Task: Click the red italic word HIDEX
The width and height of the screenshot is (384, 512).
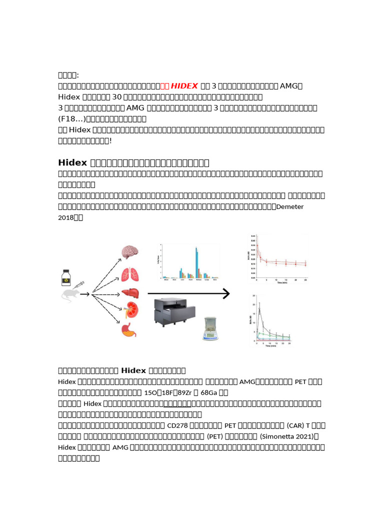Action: pos(184,86)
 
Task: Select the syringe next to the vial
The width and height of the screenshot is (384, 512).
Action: pos(79,285)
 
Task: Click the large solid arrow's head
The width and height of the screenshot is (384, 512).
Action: pos(226,294)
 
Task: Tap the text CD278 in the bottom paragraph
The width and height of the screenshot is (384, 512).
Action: pos(175,425)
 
